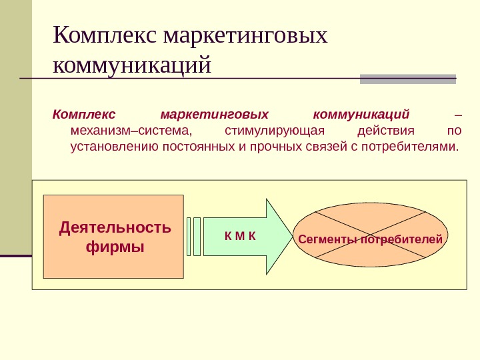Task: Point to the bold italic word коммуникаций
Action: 361,113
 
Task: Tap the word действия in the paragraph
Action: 386,130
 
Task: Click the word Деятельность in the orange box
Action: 115,228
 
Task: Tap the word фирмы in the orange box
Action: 115,247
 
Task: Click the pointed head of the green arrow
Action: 280,237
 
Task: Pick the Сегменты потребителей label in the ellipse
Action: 371,239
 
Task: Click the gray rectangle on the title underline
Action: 408,79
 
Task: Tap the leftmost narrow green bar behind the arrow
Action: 189,236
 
